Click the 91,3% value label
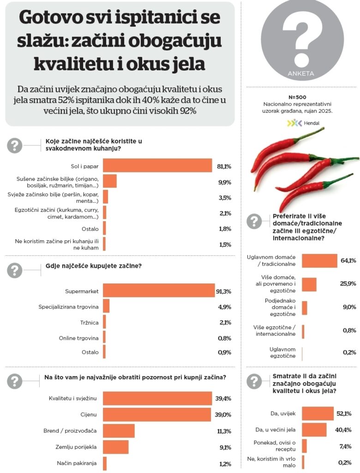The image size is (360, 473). (223, 291)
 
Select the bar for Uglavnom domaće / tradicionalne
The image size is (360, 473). (319, 261)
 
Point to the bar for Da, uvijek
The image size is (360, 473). (318, 414)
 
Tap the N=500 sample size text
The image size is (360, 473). (298, 98)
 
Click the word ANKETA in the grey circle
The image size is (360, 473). (301, 73)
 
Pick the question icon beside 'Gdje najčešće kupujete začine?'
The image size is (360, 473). (15, 270)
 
